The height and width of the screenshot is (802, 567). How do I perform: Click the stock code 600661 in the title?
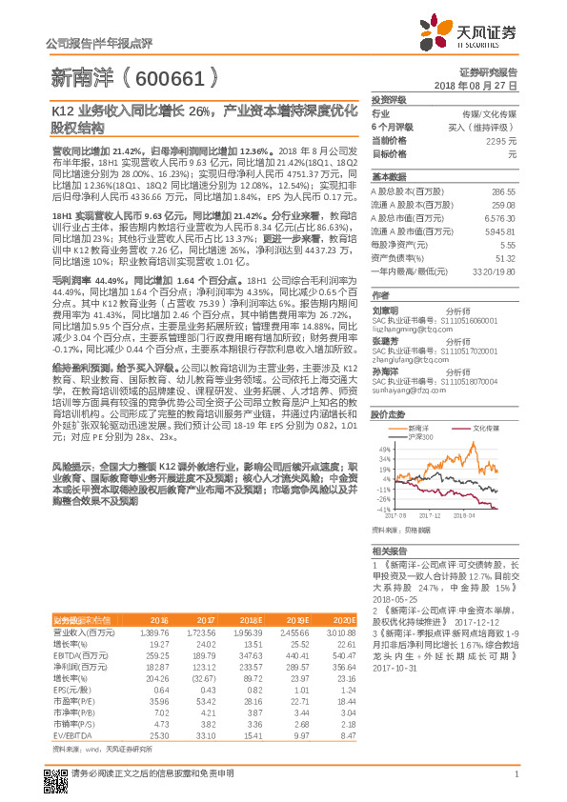176,77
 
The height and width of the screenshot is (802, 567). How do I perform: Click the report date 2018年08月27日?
482,85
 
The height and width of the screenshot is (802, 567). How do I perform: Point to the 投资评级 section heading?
388,99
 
